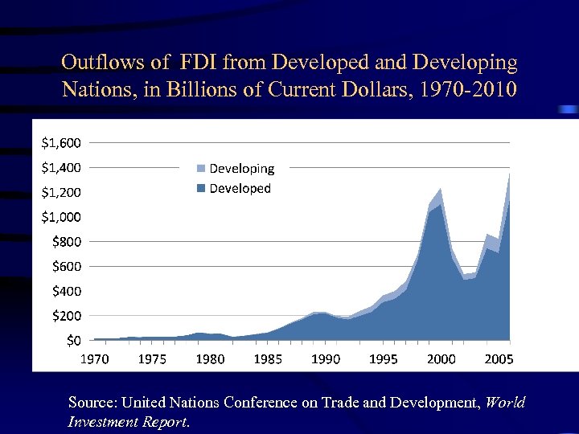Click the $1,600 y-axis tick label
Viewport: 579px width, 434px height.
pyautogui.click(x=60, y=143)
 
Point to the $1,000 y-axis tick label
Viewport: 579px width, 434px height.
pyautogui.click(x=60, y=217)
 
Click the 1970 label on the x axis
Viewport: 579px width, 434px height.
pyautogui.click(x=94, y=359)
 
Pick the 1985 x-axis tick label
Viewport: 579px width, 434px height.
pyautogui.click(x=268, y=359)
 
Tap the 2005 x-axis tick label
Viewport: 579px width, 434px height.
pyautogui.click(x=499, y=359)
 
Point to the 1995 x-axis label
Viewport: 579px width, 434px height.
pyautogui.click(x=384, y=359)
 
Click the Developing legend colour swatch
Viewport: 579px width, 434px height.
pyautogui.click(x=201, y=169)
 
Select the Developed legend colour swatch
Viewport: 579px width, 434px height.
pyautogui.click(x=201, y=189)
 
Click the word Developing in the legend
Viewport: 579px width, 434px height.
pyautogui.click(x=242, y=169)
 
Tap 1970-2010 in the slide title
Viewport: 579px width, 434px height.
pyautogui.click(x=464, y=87)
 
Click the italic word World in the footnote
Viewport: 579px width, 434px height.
pyautogui.click(x=506, y=402)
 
